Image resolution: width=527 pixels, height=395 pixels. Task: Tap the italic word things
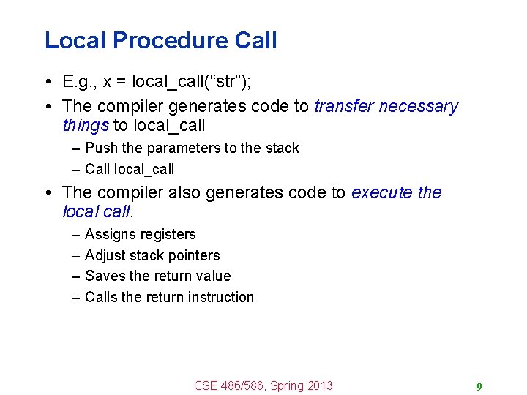[86, 125]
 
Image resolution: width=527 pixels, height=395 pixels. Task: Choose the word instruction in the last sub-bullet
[220, 297]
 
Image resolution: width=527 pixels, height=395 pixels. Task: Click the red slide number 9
[479, 387]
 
